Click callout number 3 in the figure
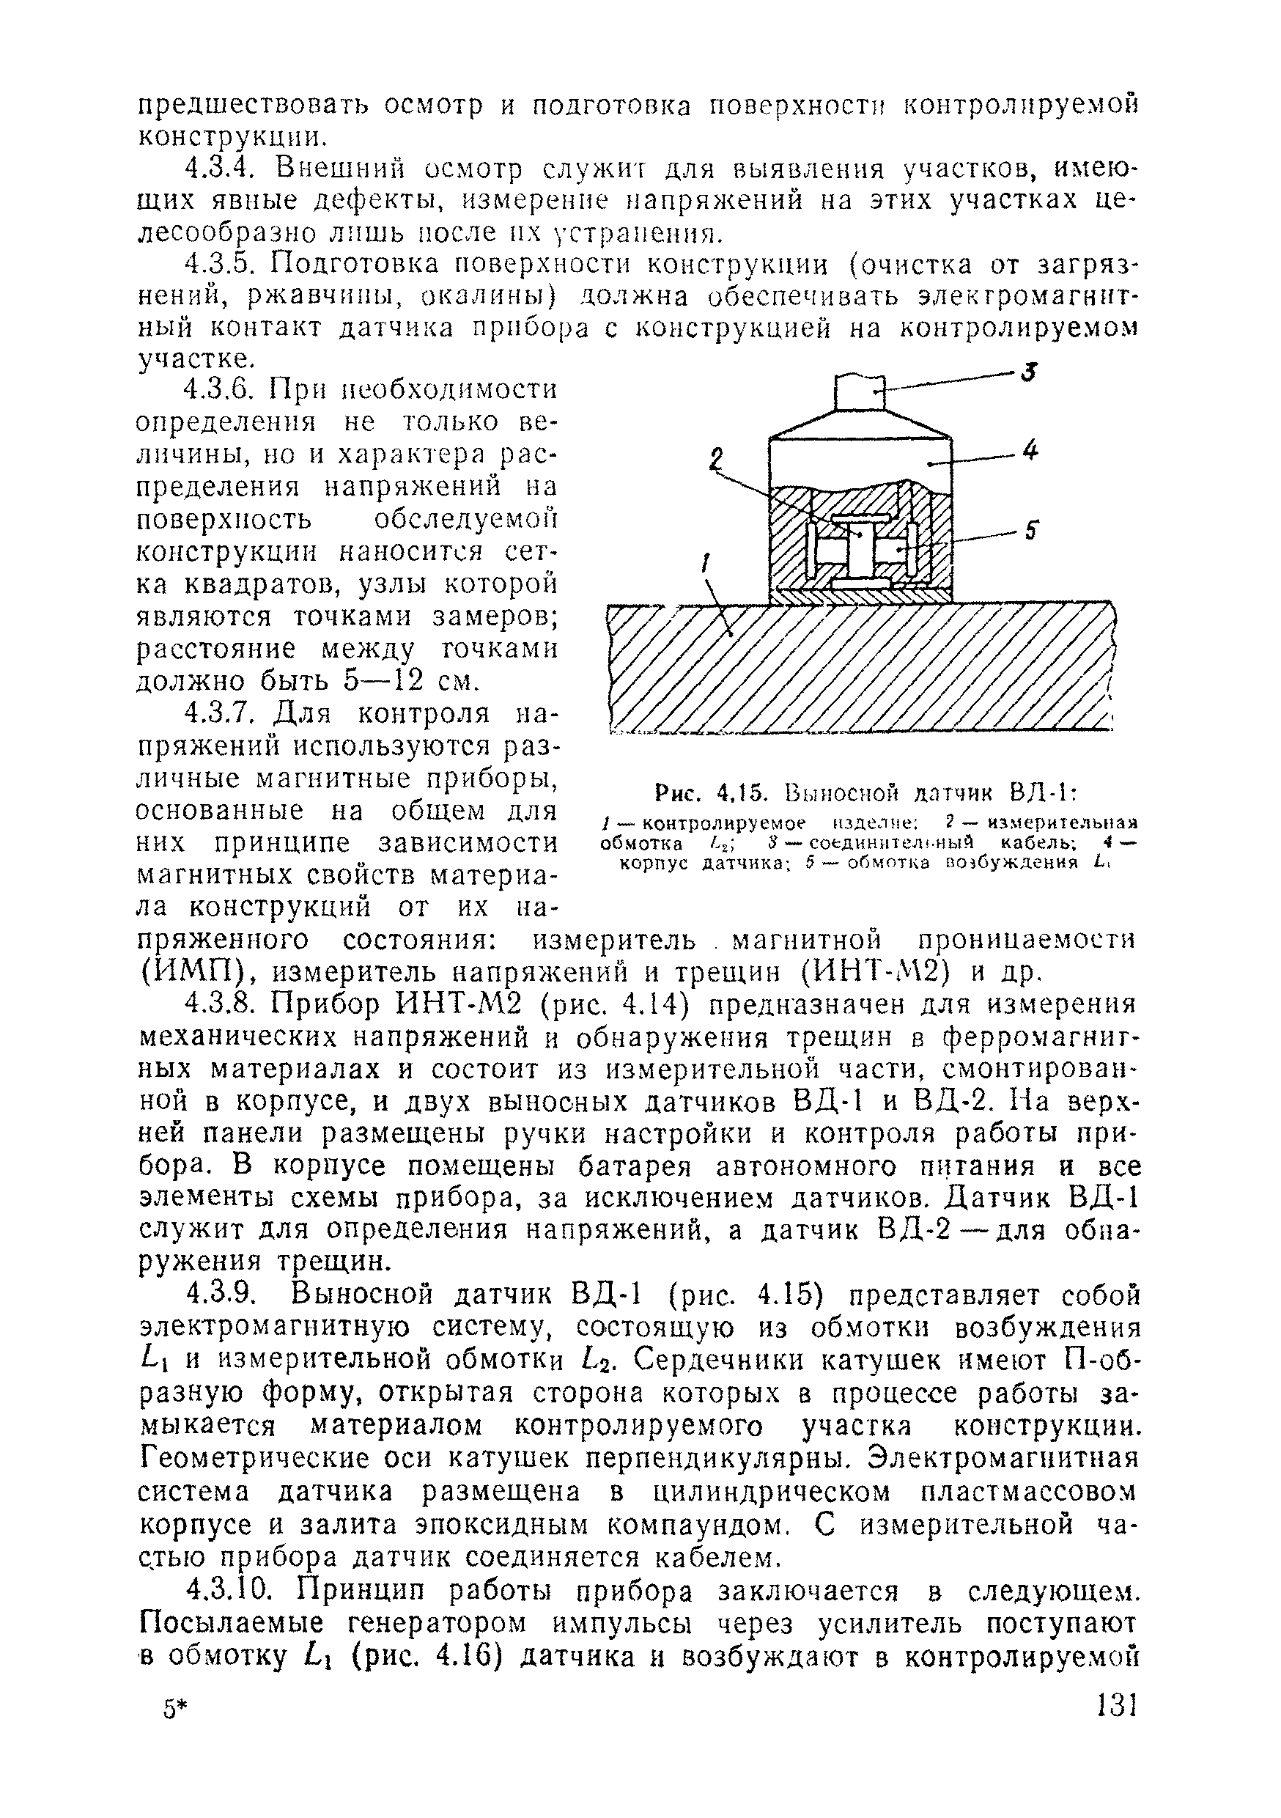click(x=1027, y=372)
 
